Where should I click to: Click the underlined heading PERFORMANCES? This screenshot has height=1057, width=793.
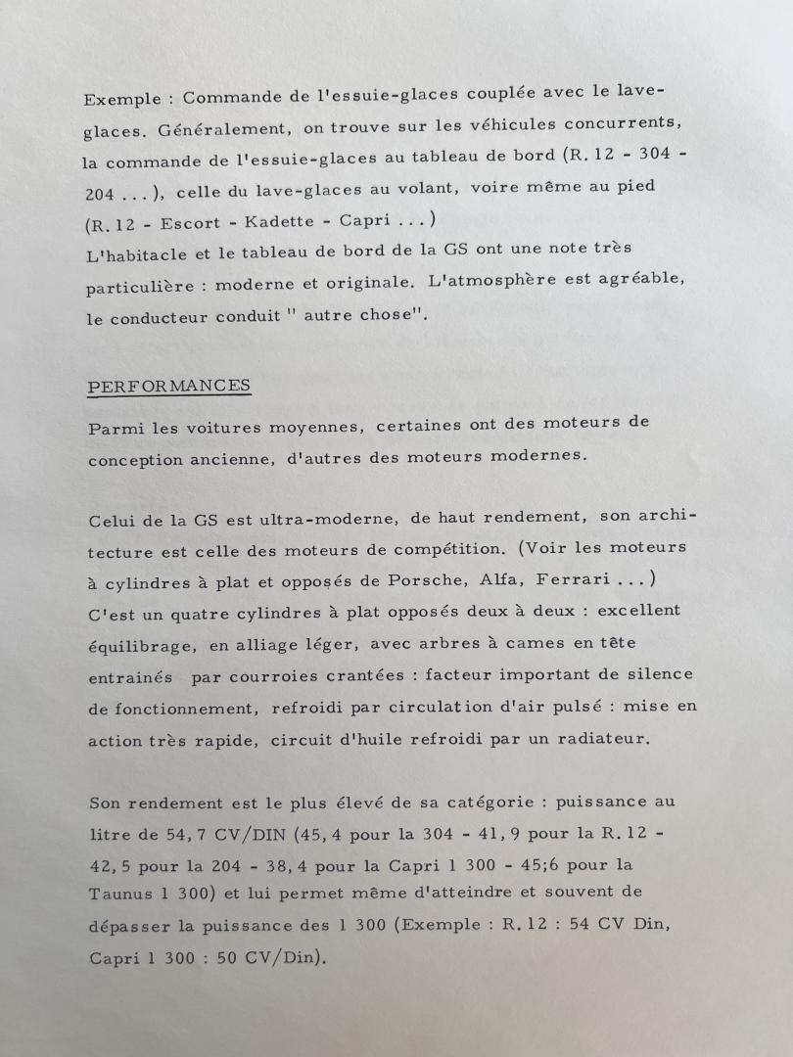(x=168, y=386)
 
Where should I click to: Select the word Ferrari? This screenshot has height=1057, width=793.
(x=568, y=579)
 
